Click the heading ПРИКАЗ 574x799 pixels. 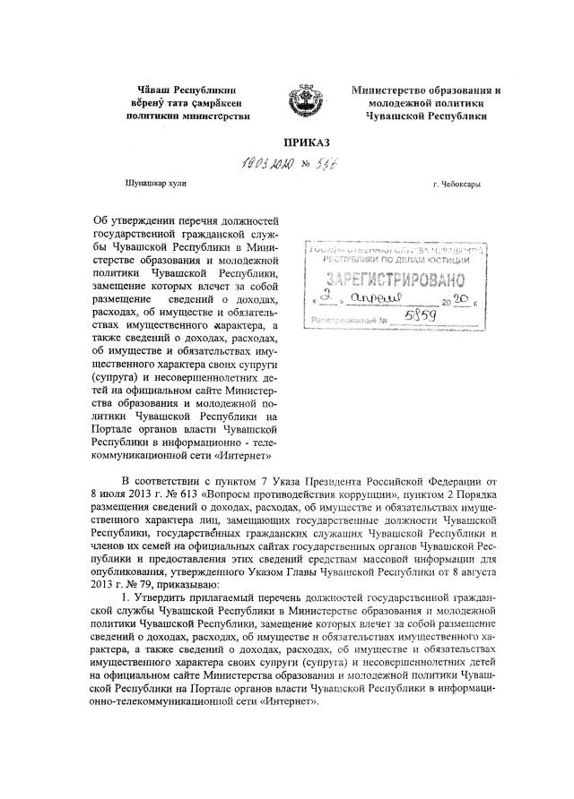tap(307, 142)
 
